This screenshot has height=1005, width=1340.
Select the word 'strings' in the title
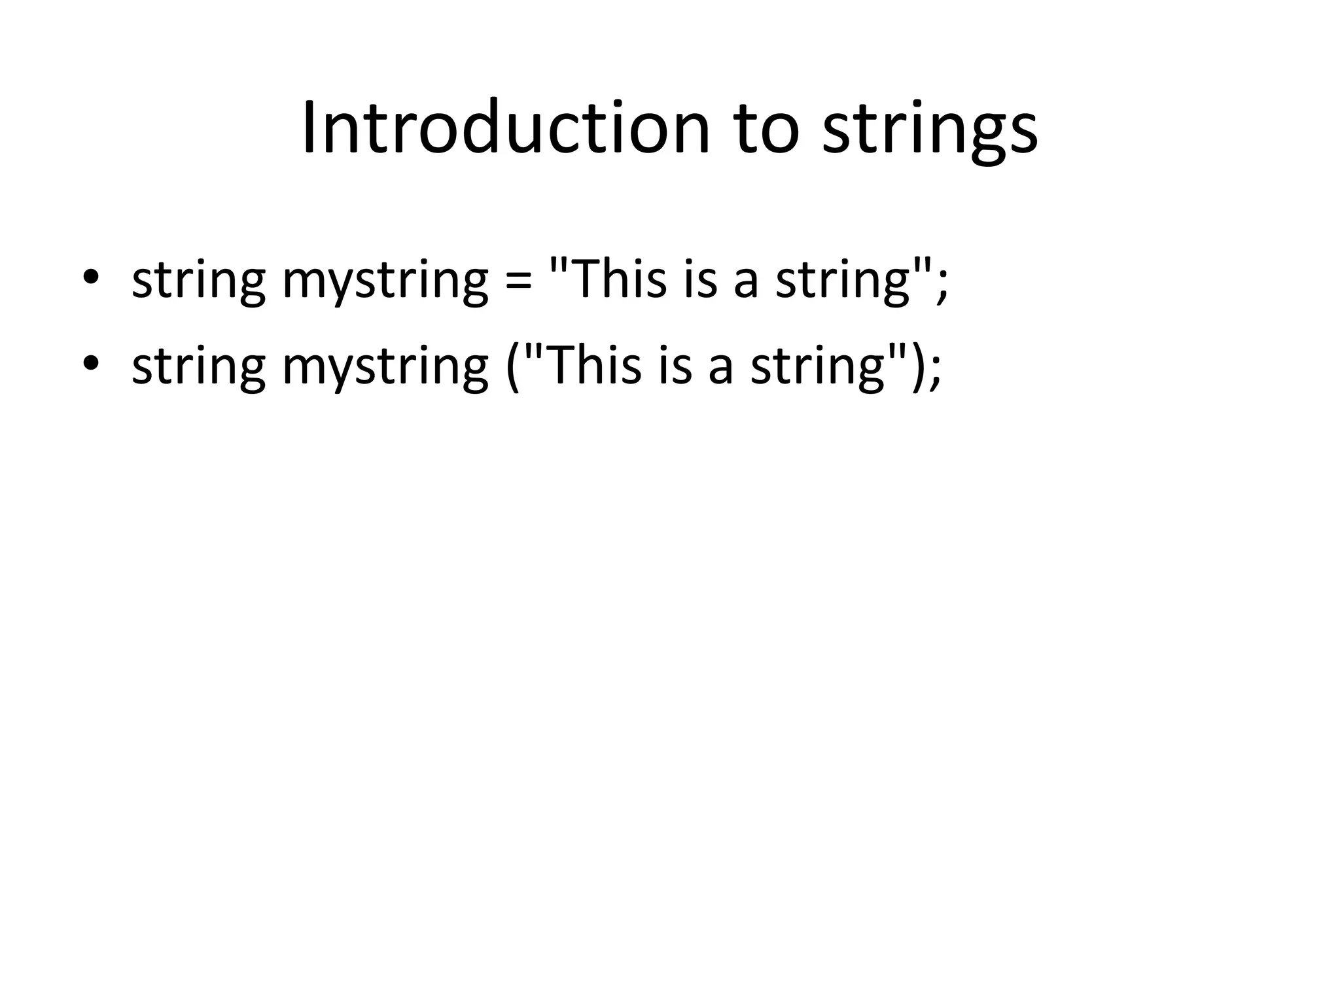pyautogui.click(x=929, y=131)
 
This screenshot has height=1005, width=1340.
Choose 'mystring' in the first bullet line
pyautogui.click(x=385, y=280)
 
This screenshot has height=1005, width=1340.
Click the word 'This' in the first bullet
pyautogui.click(x=616, y=277)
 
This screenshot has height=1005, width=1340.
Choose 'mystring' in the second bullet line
pyautogui.click(x=385, y=366)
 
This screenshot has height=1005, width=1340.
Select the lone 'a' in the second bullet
pyautogui.click(x=720, y=368)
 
